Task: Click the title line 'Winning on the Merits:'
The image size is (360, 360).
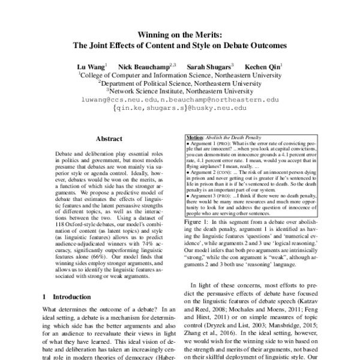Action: coord(180,34)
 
